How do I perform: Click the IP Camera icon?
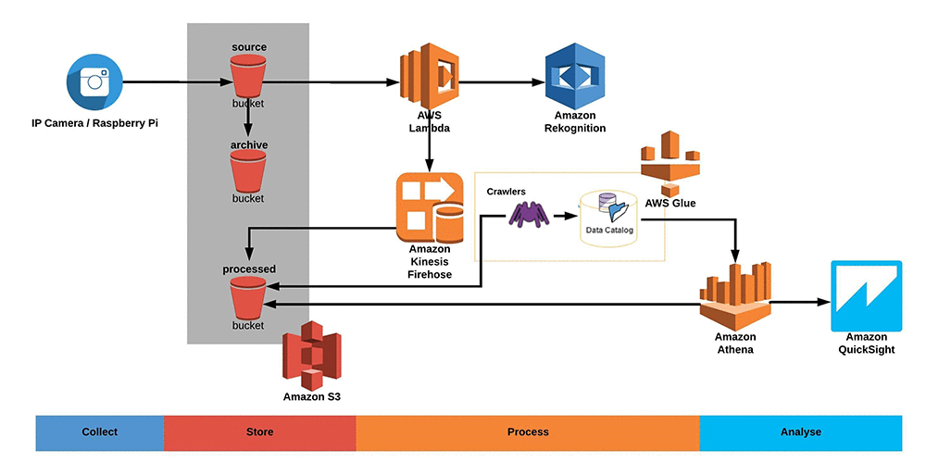pos(94,82)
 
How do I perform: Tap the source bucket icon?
pos(248,75)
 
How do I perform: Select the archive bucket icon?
pos(248,171)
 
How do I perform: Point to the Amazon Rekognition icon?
pos(574,81)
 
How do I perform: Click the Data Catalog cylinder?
pos(609,219)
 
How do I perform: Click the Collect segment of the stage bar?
pos(100,432)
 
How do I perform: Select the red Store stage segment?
pos(260,432)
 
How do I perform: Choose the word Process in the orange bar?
pos(528,432)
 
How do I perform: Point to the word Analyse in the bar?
pos(800,432)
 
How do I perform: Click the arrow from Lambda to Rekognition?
pos(500,82)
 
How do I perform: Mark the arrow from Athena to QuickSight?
pos(798,302)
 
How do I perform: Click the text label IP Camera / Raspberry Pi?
pos(94,123)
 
